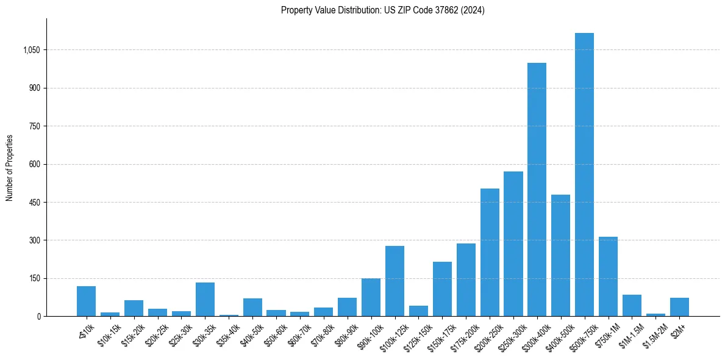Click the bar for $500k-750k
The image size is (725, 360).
(x=584, y=175)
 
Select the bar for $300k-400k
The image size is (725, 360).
(x=537, y=190)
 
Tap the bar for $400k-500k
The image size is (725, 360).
(x=560, y=256)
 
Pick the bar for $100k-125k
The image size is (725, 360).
(x=395, y=281)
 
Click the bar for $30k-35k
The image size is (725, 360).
(x=205, y=300)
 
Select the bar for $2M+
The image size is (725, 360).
(x=679, y=307)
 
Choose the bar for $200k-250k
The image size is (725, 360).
(x=490, y=253)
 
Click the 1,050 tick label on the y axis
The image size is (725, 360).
(x=30, y=50)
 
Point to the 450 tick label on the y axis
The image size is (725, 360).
(x=34, y=203)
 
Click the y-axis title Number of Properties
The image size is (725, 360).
(x=10, y=168)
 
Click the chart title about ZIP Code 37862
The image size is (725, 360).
(x=382, y=10)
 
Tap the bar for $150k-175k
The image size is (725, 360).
(x=442, y=289)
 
